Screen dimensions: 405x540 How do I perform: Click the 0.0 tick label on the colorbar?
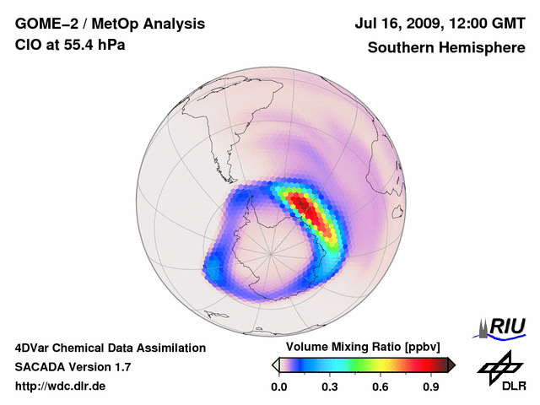(278, 387)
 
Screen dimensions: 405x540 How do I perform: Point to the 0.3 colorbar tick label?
(330, 387)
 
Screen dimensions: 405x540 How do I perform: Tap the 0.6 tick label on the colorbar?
(381, 387)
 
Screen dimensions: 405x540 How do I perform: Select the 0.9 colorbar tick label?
(431, 387)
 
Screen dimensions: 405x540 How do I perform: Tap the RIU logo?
(502, 326)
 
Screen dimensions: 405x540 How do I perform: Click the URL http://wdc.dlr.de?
(61, 386)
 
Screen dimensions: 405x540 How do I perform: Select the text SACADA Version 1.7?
(73, 367)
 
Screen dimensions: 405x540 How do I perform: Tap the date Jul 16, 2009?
(399, 24)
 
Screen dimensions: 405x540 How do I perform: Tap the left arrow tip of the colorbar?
(275, 364)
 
